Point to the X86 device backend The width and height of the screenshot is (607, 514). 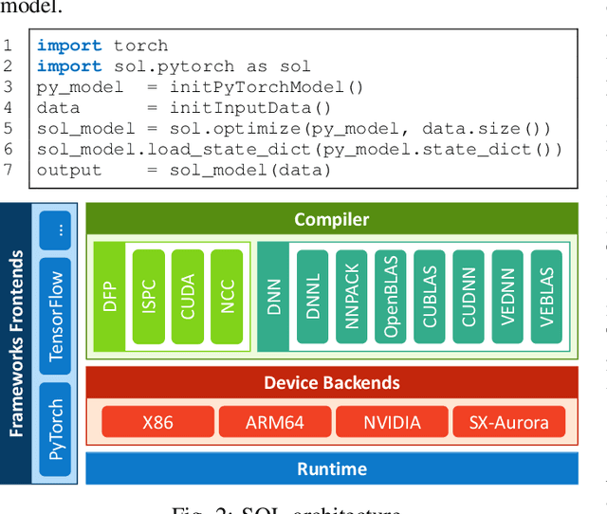tap(156, 422)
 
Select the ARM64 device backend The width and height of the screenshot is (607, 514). tap(275, 422)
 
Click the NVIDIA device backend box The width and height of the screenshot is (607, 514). tap(391, 422)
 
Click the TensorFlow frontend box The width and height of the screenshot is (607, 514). tap(57, 315)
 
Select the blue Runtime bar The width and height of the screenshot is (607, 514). tap(332, 468)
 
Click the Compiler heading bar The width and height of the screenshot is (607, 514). tap(332, 219)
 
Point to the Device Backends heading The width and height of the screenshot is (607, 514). tap(332, 383)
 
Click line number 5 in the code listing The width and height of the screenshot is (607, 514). tap(9, 129)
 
